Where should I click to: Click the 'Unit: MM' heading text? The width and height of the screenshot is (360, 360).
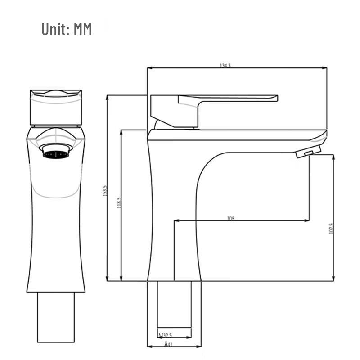pyautogui.click(x=67, y=30)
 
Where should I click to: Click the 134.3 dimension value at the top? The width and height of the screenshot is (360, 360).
pyautogui.click(x=225, y=66)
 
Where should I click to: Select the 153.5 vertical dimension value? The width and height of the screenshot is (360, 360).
pyautogui.click(x=104, y=191)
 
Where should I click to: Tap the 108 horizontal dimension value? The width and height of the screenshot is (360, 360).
pyautogui.click(x=231, y=218)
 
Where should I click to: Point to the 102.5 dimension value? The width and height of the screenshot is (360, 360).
pyautogui.click(x=331, y=229)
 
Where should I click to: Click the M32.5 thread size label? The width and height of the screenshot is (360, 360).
pyautogui.click(x=166, y=335)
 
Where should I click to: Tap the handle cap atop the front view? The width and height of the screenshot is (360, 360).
pyautogui.click(x=56, y=107)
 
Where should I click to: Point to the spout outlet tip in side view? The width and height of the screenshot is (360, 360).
pyautogui.click(x=309, y=153)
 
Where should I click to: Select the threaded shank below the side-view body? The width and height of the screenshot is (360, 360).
pyautogui.click(x=174, y=304)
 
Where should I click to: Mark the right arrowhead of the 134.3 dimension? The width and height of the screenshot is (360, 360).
pyautogui.click(x=324, y=68)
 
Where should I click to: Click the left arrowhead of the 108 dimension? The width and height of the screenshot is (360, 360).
pyautogui.click(x=176, y=220)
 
